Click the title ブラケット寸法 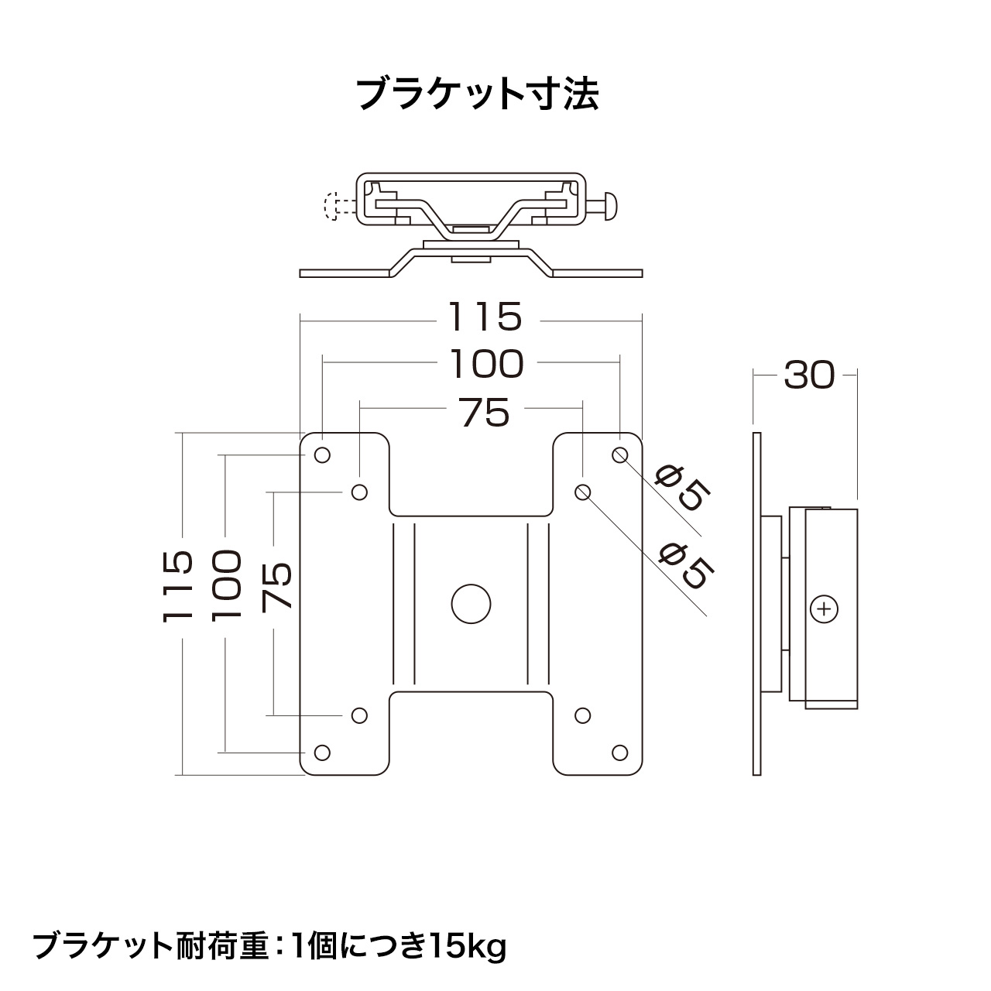[x=478, y=94]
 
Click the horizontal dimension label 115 [x=485, y=317]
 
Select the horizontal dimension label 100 [x=487, y=364]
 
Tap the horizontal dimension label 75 [x=485, y=413]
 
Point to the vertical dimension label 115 [x=178, y=587]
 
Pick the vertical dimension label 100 [x=227, y=585]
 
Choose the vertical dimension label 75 [x=276, y=587]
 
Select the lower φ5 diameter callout [x=688, y=565]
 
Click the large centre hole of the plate [x=471, y=604]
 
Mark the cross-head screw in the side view [x=824, y=609]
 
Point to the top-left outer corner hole [x=322, y=454]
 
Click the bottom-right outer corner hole [x=620, y=753]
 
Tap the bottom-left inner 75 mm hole [x=359, y=715]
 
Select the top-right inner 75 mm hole [x=583, y=492]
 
